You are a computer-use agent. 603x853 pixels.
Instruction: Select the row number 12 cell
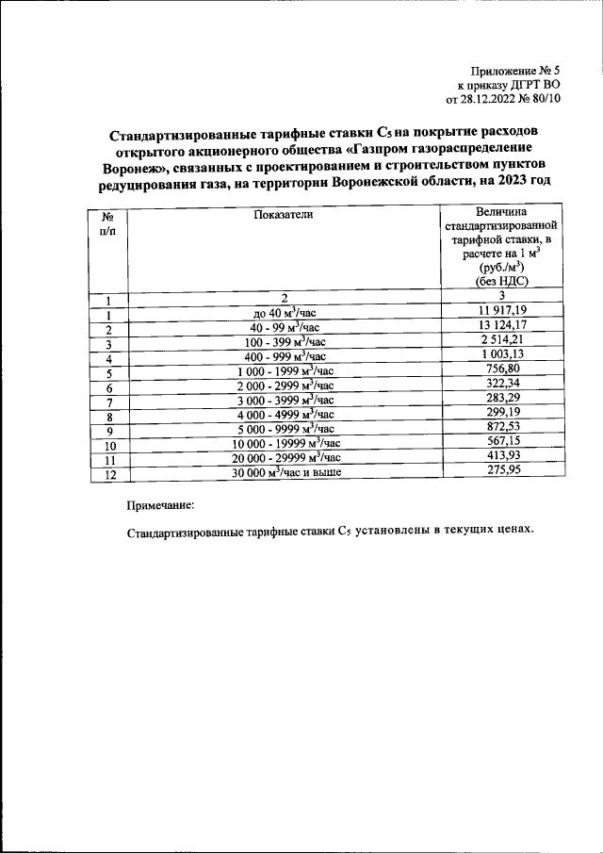tap(109, 475)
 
